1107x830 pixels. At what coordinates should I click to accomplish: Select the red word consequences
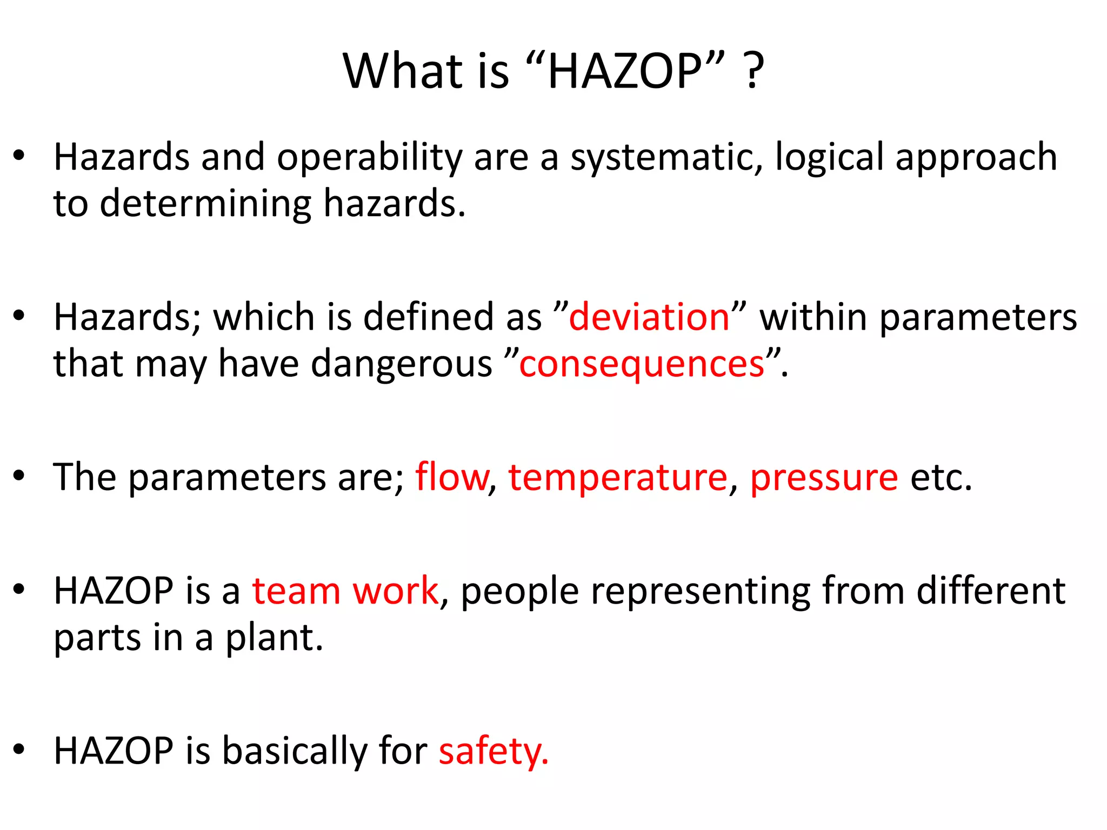point(642,364)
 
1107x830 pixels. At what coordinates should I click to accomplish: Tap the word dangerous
point(401,364)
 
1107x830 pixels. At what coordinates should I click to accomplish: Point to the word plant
point(274,638)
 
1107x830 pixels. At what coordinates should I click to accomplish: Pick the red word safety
point(492,751)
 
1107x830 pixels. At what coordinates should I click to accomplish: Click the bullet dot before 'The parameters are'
point(19,476)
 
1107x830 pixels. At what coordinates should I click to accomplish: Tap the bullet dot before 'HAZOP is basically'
point(19,749)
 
